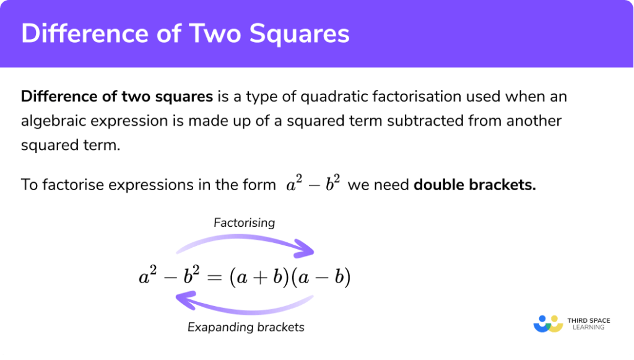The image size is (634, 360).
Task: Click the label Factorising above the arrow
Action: tap(244, 222)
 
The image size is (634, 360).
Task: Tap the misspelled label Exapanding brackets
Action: tap(246, 327)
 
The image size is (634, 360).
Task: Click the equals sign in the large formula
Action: tap(214, 278)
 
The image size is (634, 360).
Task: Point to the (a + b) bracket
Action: tap(258, 278)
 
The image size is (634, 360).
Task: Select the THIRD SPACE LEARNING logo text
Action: tap(588, 323)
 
